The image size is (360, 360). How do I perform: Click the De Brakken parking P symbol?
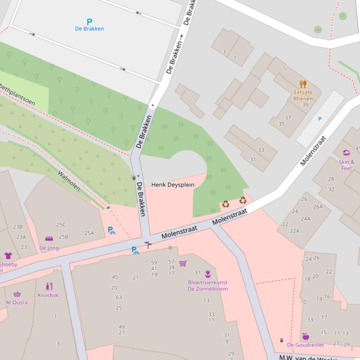89,22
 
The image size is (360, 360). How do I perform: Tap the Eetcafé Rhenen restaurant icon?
303,85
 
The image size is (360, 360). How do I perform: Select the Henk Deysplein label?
172,185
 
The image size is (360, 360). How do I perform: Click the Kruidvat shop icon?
49,287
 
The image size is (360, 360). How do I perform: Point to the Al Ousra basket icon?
17,294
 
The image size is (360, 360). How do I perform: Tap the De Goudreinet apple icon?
305,337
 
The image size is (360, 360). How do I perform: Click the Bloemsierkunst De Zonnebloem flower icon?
208,274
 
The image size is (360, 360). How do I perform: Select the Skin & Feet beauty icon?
346,153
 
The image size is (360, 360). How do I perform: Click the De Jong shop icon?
49,239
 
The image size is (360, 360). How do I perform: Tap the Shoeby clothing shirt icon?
8,255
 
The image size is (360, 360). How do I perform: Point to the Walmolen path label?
68,181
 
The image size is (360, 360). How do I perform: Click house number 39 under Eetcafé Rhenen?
305,105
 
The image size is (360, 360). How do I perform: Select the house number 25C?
61,225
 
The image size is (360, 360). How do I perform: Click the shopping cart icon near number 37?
183,263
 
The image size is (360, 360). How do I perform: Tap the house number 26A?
318,207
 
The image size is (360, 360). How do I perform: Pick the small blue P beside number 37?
320,119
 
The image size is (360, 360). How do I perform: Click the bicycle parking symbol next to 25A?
111,230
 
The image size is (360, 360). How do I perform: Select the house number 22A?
294,231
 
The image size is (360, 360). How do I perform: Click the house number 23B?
17,227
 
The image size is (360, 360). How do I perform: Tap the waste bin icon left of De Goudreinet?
281,340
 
